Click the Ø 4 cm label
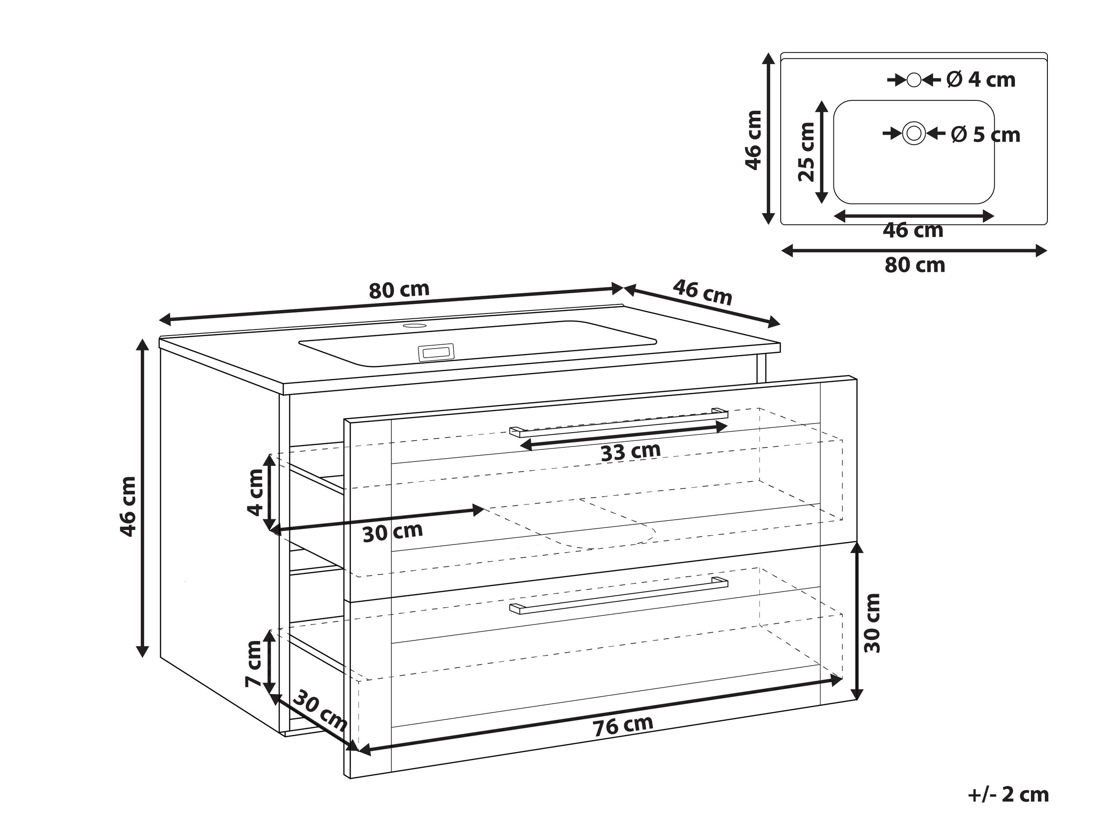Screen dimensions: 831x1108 pyautogui.click(x=980, y=80)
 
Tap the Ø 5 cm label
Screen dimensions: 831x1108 pyautogui.click(x=985, y=135)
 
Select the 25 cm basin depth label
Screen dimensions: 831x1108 pyautogui.click(x=806, y=152)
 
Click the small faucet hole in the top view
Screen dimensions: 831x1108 pyautogui.click(x=914, y=80)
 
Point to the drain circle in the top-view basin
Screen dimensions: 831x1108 pyautogui.click(x=914, y=134)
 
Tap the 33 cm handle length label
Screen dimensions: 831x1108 pyautogui.click(x=630, y=452)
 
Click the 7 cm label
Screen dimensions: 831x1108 pyautogui.click(x=254, y=664)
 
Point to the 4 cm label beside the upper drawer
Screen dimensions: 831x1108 pyautogui.click(x=255, y=492)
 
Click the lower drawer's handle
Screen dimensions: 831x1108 pyautogui.click(x=618, y=595)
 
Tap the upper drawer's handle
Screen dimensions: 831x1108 pyautogui.click(x=618, y=422)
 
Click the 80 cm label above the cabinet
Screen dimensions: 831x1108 pyautogui.click(x=399, y=291)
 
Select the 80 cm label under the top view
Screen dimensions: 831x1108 pyautogui.click(x=914, y=265)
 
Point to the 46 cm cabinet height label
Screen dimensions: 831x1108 pyautogui.click(x=128, y=506)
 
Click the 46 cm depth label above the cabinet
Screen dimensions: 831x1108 pyautogui.click(x=702, y=293)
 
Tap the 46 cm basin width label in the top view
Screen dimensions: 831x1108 pyautogui.click(x=913, y=231)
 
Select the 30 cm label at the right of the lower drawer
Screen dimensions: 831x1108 pyautogui.click(x=872, y=623)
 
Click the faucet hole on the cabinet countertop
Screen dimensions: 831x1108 pyautogui.click(x=415, y=326)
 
